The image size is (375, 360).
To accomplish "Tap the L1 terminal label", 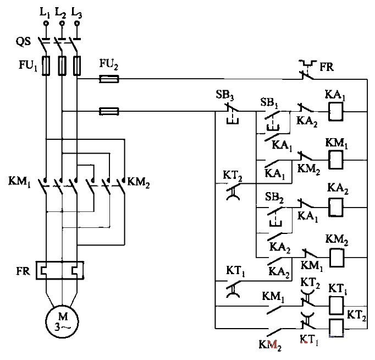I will click(x=46, y=12).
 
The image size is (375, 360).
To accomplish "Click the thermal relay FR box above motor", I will click(x=59, y=270).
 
